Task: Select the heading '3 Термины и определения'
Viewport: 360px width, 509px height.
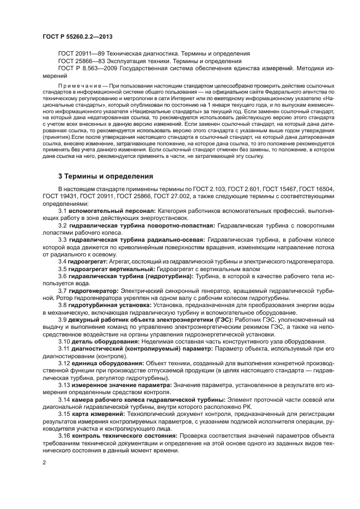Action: click(x=106, y=176)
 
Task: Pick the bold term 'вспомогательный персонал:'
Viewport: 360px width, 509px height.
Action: click(x=112, y=210)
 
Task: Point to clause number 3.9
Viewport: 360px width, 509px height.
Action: click(x=63, y=320)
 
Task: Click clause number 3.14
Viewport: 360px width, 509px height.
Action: click(x=64, y=400)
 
